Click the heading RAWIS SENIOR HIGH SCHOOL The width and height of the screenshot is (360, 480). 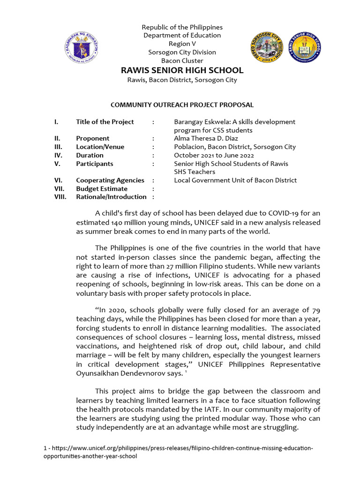pyautogui.click(x=182, y=70)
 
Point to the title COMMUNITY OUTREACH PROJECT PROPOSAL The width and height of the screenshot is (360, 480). pyautogui.click(x=182, y=105)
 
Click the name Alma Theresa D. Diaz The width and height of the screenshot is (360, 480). pyautogui.click(x=206, y=138)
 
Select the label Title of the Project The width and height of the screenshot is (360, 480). pyautogui.click(x=105, y=122)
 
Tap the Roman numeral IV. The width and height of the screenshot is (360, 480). pyautogui.click(x=58, y=155)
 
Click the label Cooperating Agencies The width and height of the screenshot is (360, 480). pyautogui.click(x=110, y=180)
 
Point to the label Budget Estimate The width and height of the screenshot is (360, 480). pyautogui.click(x=102, y=188)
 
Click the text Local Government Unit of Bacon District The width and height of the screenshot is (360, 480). pyautogui.click(x=235, y=180)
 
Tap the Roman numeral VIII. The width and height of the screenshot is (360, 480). pyautogui.click(x=60, y=197)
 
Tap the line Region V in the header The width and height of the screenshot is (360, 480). pyautogui.click(x=182, y=44)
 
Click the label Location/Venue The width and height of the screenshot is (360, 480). pyautogui.click(x=100, y=147)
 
